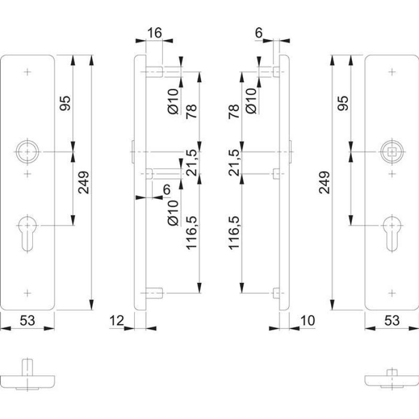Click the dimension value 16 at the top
tap(153, 33)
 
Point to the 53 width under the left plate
tap(28, 320)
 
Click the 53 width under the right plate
tap(392, 320)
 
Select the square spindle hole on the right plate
tap(391, 152)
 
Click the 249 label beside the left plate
tap(84, 183)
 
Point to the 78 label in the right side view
tap(234, 112)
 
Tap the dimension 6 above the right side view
tap(259, 33)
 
